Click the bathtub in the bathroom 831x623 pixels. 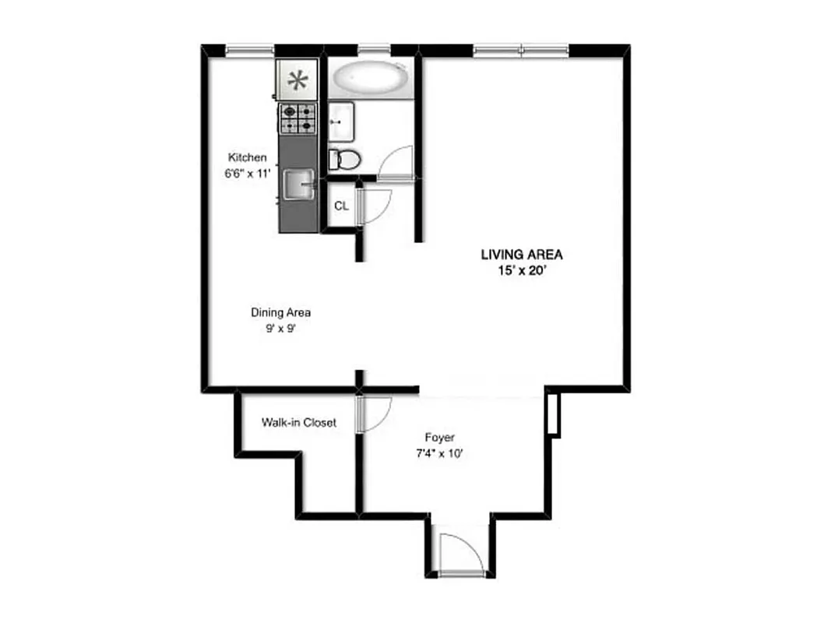tap(370, 78)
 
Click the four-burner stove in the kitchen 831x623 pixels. tap(298, 119)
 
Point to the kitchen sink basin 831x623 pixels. tap(298, 185)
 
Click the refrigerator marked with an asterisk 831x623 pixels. tap(297, 79)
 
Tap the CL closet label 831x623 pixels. tap(340, 206)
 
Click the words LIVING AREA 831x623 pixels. tap(521, 255)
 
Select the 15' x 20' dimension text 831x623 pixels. tap(521, 270)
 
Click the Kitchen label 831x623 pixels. tap(247, 157)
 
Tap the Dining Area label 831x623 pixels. tap(280, 312)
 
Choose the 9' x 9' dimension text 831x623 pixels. tap(280, 328)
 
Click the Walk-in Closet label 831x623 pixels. tap(299, 423)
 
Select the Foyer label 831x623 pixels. tap(440, 438)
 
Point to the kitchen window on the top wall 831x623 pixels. tap(249, 51)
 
